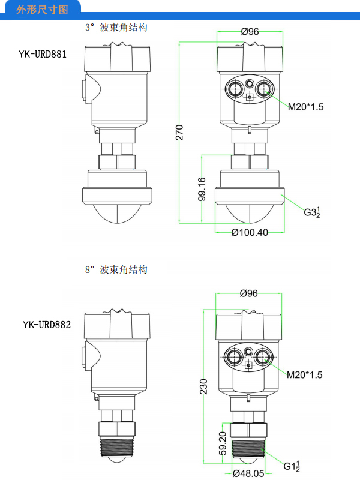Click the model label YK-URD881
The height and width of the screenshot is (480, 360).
coord(42,54)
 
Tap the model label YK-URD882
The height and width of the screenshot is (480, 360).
coord(47,325)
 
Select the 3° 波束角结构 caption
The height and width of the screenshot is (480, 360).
coord(116,28)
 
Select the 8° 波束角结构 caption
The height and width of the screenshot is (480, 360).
coord(116,270)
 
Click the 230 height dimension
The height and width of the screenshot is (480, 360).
coord(203,387)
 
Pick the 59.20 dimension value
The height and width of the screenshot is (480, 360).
coord(221,443)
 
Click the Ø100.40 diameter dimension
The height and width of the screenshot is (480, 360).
coord(250,232)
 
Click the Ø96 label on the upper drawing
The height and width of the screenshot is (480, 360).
coord(250,32)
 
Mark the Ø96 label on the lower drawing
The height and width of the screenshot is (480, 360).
coord(248,293)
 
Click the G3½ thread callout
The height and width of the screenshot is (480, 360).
coord(311,212)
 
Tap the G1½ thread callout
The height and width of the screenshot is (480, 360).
coord(291,466)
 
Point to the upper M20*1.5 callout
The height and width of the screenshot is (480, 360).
coord(305,107)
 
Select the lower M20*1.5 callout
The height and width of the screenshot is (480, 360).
coord(304,374)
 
